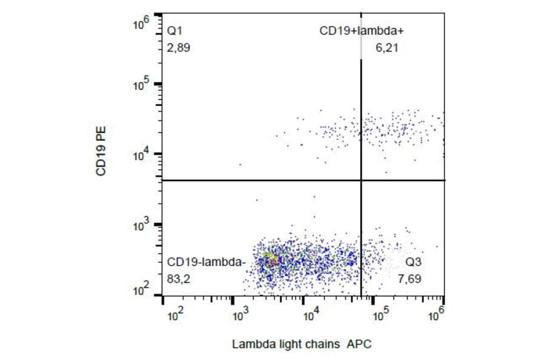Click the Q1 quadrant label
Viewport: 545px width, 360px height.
tap(174, 30)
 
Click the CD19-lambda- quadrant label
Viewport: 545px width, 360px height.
tap(206, 262)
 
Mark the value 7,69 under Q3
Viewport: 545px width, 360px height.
tap(411, 279)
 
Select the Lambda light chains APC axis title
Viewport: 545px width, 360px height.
tap(302, 344)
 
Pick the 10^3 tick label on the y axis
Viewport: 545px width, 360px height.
tap(141, 225)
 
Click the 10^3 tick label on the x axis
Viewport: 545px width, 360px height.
tap(242, 315)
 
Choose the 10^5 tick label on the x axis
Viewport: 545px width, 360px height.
tap(380, 315)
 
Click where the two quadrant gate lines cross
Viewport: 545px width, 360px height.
tap(362, 180)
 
